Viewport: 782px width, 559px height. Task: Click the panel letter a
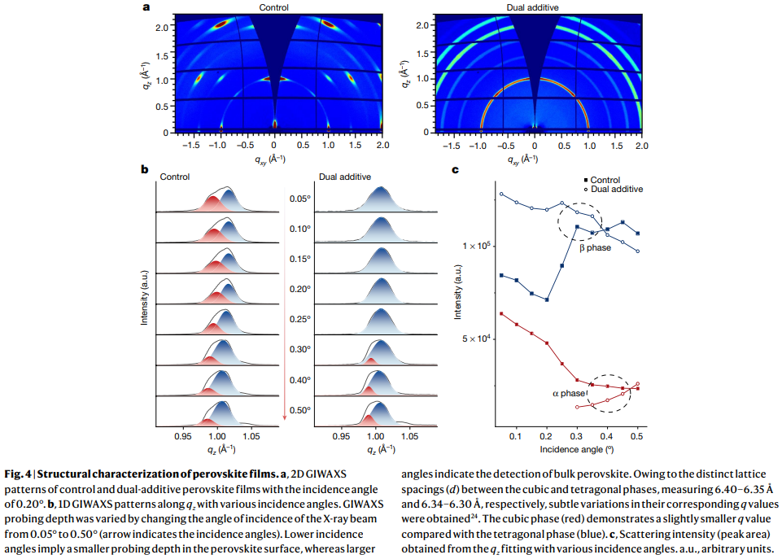click(146, 7)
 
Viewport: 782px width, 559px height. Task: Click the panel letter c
click(455, 170)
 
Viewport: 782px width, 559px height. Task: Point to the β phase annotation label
click(595, 247)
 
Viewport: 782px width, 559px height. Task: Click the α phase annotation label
click(569, 393)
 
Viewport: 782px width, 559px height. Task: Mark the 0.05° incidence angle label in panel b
click(300, 199)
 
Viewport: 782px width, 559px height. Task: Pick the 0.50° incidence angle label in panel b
click(300, 409)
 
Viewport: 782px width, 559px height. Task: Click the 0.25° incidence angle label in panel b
click(300, 319)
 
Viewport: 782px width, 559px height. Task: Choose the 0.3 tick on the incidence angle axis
click(577, 436)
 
